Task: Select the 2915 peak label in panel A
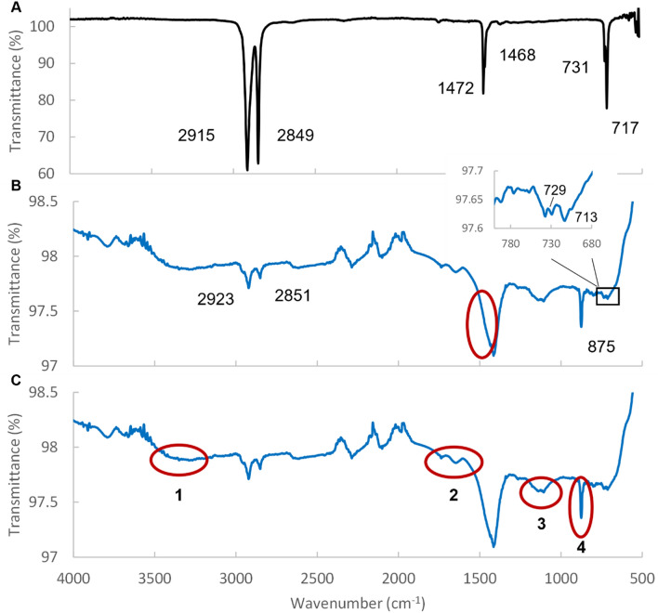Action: (x=197, y=137)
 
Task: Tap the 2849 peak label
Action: (x=296, y=137)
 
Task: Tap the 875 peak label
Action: (x=606, y=346)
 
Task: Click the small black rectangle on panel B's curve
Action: (x=608, y=295)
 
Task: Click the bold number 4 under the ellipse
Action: (x=581, y=547)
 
